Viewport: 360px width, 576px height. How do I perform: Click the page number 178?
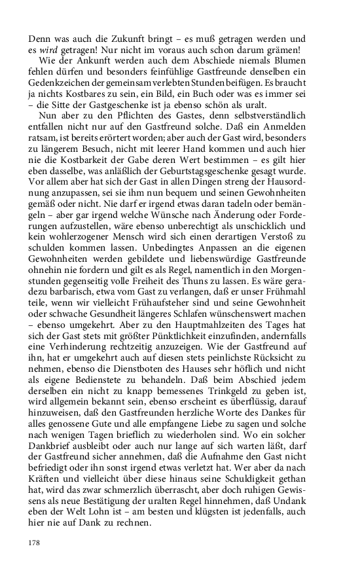(35, 543)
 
